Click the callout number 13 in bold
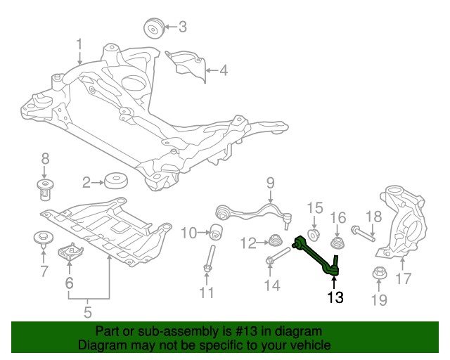coord(335,297)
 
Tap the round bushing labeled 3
coord(153,29)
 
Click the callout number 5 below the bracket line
coord(89,312)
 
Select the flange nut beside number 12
coord(276,242)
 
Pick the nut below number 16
coord(337,243)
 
